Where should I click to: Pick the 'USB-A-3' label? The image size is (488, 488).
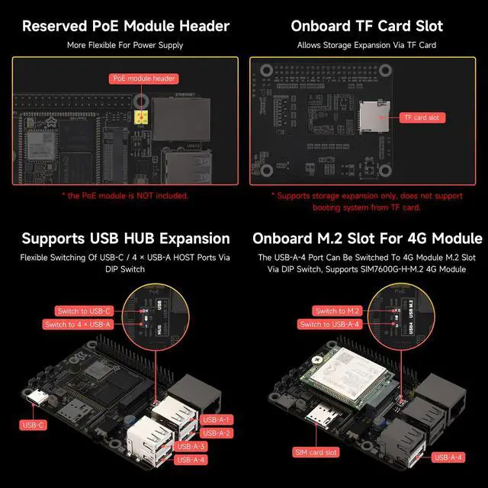point(191,446)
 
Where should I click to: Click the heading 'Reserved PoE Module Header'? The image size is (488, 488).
point(125,26)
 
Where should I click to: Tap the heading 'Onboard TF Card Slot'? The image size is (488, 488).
point(367,26)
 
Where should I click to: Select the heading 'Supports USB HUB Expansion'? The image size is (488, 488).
point(125,239)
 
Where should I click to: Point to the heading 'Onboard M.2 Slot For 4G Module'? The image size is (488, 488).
point(367,239)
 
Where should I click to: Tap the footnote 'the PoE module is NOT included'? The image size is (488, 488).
point(125,195)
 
